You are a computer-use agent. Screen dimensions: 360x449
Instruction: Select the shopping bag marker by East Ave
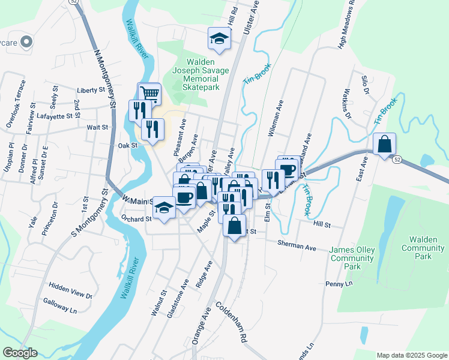pos(384,144)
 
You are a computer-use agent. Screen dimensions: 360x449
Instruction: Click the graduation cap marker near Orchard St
pos(163,208)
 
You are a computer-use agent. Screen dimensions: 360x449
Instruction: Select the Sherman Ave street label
pos(297,245)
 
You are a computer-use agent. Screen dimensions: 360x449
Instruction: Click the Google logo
pos(20,353)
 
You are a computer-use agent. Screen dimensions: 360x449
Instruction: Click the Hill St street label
pos(322,224)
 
